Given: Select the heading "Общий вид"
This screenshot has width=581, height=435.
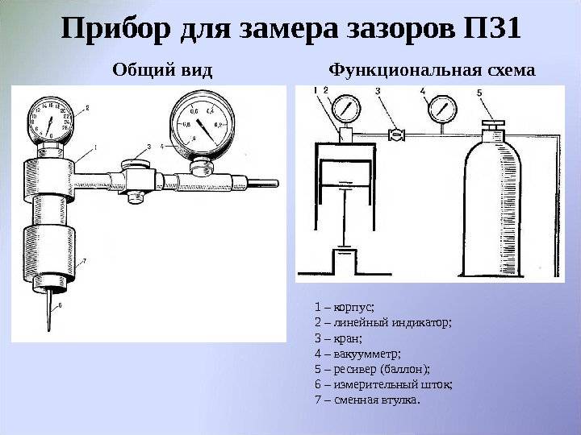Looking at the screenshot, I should (x=162, y=70).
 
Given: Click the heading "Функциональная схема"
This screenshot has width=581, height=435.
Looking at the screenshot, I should (x=433, y=70).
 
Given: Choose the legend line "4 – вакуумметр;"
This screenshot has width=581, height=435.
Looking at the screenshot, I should (x=357, y=353).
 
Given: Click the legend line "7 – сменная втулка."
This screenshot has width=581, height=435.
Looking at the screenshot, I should (x=367, y=400).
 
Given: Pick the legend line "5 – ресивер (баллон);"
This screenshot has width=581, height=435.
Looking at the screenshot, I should (x=371, y=368).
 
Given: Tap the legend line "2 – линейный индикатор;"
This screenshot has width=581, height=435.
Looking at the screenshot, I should (x=382, y=321).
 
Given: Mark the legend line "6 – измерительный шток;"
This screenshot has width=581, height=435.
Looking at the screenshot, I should (x=382, y=384).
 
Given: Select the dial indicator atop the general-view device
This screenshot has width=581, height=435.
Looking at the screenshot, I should (x=50, y=121).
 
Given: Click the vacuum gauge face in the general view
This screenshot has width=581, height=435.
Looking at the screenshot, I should (x=198, y=123).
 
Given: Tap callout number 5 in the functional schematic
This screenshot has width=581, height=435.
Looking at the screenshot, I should (x=479, y=93).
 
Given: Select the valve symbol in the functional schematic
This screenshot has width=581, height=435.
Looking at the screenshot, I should (x=395, y=135).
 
